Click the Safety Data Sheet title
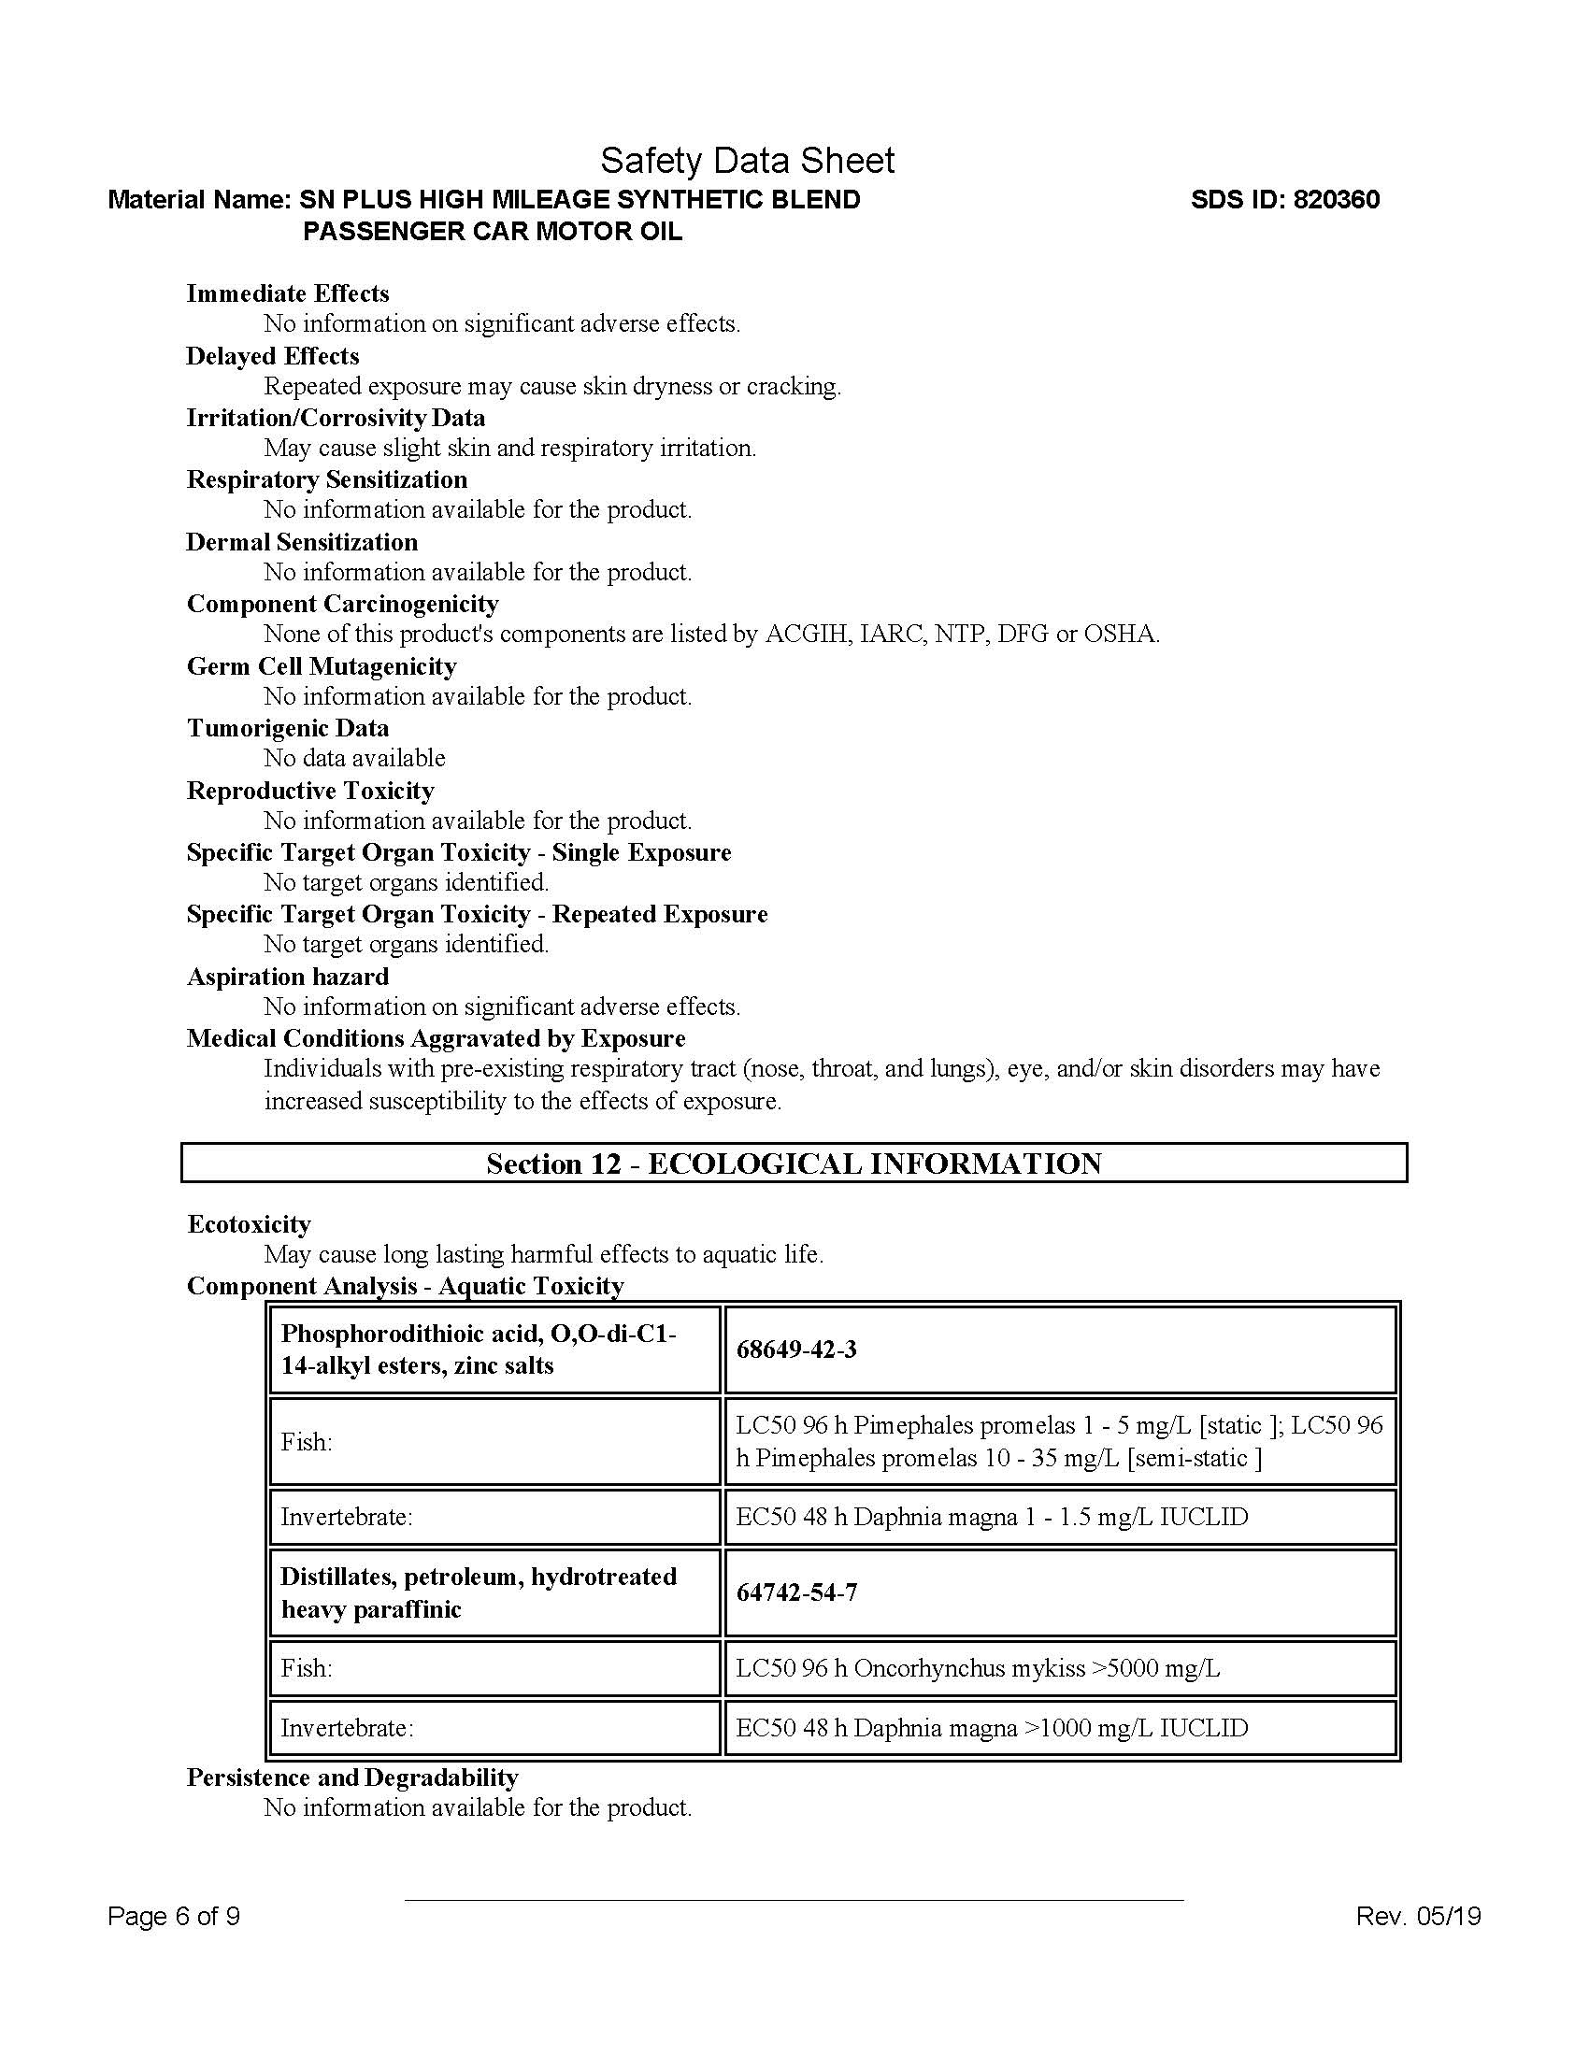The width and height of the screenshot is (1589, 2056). [x=747, y=161]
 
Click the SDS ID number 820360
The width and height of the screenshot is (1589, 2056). [x=1337, y=200]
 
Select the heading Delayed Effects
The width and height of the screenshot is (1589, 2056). [x=273, y=356]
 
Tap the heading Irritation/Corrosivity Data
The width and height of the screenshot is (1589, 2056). [x=336, y=418]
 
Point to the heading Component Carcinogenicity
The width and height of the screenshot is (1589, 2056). [x=343, y=604]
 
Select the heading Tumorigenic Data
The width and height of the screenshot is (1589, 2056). [x=288, y=728]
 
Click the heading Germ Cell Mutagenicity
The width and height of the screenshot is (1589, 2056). [x=322, y=666]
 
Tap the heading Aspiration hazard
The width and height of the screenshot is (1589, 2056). [x=288, y=977]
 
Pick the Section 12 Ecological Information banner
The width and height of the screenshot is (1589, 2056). [x=794, y=1164]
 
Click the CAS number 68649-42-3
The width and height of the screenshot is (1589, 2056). [x=796, y=1349]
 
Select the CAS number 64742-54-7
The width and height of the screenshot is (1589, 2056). [x=796, y=1592]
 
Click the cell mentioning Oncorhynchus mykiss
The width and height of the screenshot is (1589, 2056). [x=1059, y=1668]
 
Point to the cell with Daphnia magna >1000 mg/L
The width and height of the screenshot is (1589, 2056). [x=1059, y=1728]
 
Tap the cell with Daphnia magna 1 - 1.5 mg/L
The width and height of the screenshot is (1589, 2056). [x=1059, y=1517]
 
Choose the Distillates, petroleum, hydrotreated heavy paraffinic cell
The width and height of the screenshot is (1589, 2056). [x=494, y=1592]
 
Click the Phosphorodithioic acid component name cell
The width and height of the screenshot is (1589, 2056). [x=494, y=1349]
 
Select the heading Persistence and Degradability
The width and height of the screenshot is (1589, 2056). [x=353, y=1778]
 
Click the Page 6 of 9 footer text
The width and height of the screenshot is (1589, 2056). [x=174, y=1917]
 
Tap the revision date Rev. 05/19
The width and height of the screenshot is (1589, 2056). [x=1419, y=1917]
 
